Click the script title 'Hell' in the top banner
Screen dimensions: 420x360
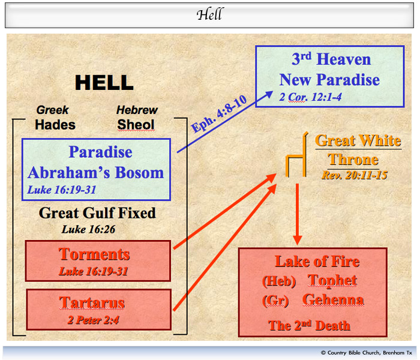click(x=209, y=14)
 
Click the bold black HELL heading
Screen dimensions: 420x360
click(x=104, y=83)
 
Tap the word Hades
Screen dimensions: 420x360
click(x=55, y=125)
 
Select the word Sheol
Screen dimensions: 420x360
click(x=136, y=125)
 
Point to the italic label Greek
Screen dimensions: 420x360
click(x=53, y=110)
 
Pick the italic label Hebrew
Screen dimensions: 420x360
click(x=137, y=110)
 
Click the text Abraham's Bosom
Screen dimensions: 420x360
click(x=95, y=173)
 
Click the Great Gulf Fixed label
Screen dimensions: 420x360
click(x=97, y=213)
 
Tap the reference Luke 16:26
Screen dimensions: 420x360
click(x=88, y=229)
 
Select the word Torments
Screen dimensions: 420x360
click(x=94, y=254)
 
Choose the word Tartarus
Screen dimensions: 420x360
click(x=92, y=302)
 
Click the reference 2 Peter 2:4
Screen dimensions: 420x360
click(x=93, y=320)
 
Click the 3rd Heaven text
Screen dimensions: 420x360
click(x=331, y=59)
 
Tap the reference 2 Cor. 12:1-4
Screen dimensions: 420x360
click(x=310, y=97)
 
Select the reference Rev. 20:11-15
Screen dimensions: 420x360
click(x=355, y=175)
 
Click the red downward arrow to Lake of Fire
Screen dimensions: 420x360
click(x=298, y=214)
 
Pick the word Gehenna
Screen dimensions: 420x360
click(x=333, y=299)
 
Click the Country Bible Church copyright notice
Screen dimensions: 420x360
click(x=367, y=353)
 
